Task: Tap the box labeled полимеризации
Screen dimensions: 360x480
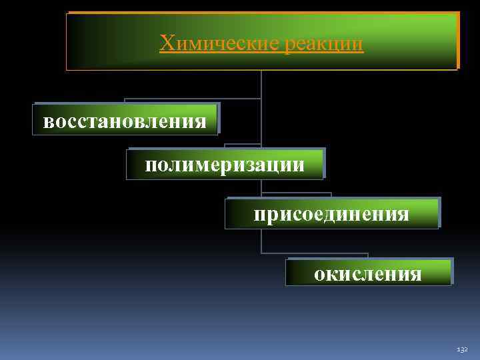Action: click(x=225, y=164)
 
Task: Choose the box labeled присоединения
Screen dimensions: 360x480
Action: click(x=331, y=214)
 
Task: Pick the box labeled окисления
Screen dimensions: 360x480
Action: click(x=368, y=273)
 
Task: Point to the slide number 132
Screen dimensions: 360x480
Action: click(x=463, y=349)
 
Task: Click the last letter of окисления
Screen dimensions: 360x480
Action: click(x=417, y=274)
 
